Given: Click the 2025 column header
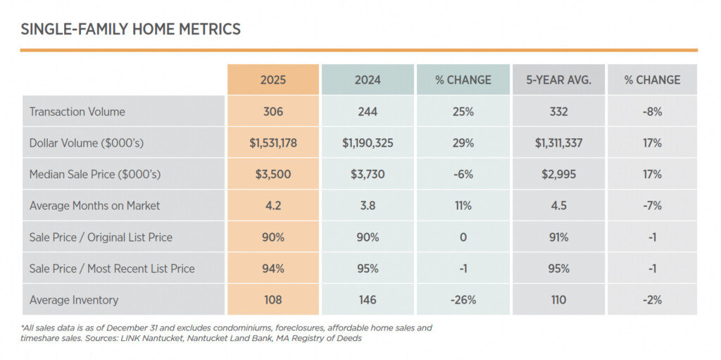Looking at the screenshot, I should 272,80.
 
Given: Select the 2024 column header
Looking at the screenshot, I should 368,80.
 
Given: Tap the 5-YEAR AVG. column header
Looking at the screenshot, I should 558,80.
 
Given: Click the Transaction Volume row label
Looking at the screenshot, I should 77,111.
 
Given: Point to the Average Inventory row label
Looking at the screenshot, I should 74,299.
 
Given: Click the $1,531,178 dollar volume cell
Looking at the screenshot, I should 272,143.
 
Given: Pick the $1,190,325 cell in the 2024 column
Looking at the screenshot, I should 368,143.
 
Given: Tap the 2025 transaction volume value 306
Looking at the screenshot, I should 272,111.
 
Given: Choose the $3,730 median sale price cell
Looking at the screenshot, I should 368,174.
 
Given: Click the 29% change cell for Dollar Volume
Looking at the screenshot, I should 463,143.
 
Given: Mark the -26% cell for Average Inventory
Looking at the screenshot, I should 463,299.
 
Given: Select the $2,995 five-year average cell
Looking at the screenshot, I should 558,174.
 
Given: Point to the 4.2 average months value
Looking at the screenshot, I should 272,206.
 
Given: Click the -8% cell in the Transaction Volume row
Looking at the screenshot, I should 652,111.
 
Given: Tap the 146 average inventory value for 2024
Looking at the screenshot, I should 368,299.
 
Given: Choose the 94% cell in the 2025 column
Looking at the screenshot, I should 272,268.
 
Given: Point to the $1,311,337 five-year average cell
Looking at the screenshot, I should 558,143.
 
